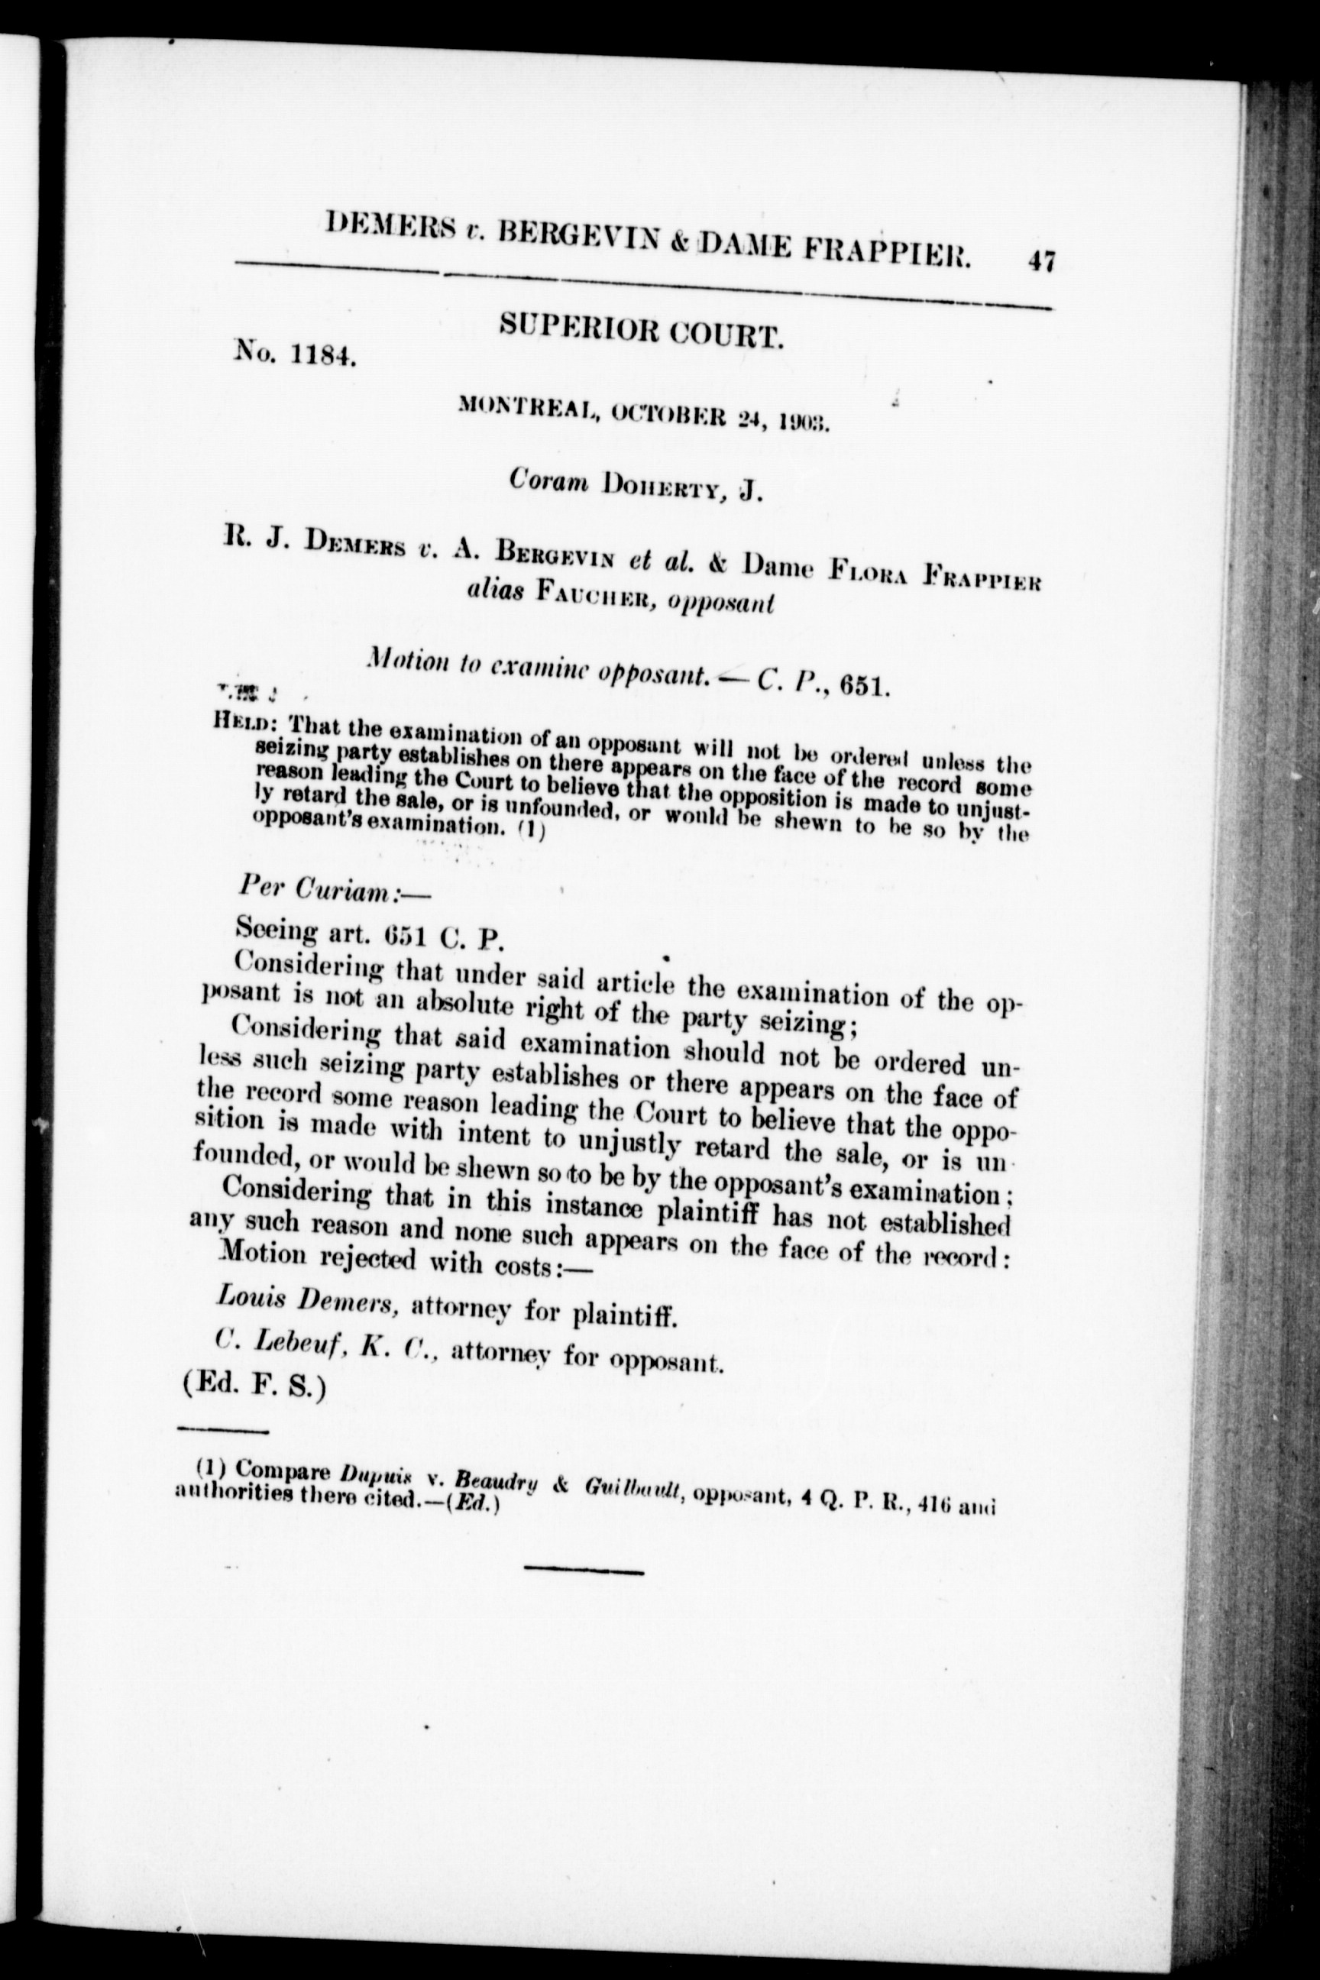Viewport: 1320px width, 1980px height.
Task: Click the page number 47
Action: (1040, 262)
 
